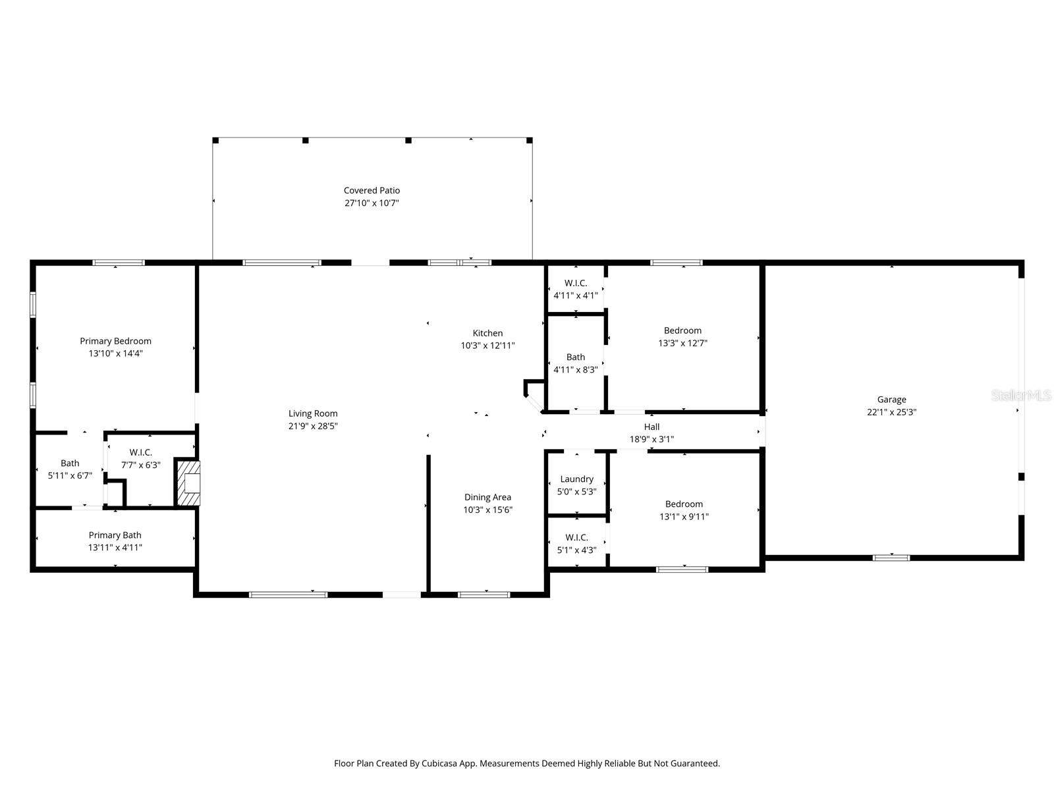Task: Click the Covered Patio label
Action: click(372, 190)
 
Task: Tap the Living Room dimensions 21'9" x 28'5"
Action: click(313, 426)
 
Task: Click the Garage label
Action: click(891, 400)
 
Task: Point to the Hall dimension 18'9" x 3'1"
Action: click(652, 439)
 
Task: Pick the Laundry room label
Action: click(576, 479)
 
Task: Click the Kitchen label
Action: click(487, 333)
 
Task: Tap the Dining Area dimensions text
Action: click(487, 510)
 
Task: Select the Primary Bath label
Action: click(115, 535)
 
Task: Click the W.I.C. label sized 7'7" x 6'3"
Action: click(140, 452)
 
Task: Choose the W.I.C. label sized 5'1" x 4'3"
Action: click(576, 538)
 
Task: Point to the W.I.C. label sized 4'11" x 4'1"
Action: click(575, 283)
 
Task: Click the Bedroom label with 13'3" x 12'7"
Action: click(682, 330)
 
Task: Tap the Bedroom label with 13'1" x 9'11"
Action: click(684, 504)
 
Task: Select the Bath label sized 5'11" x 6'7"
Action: click(70, 463)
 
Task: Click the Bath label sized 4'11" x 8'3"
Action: click(575, 357)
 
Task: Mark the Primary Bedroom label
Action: click(115, 341)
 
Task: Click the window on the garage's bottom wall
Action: click(891, 558)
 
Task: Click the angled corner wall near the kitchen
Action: click(533, 403)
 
